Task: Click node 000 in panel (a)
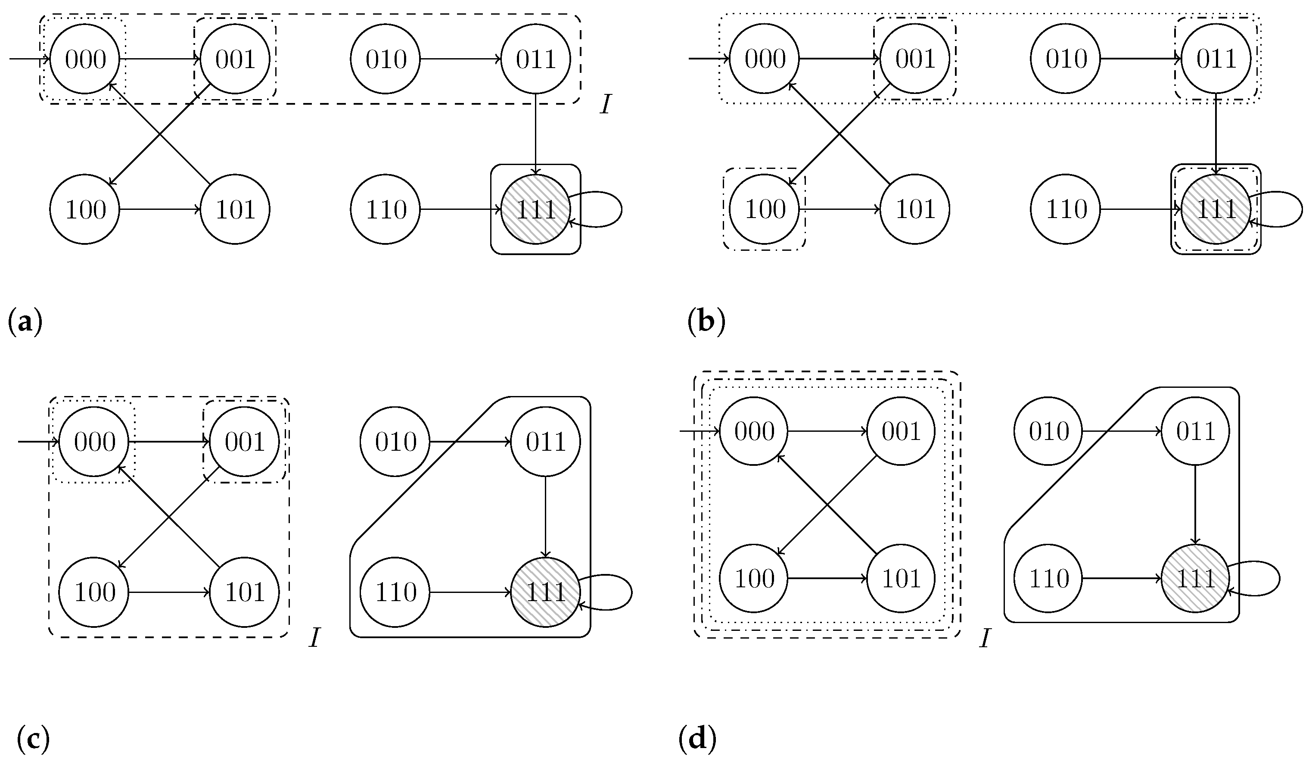coord(85,59)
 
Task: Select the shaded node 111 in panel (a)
coord(535,209)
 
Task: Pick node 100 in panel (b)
coord(764,209)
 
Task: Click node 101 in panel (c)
coord(244,592)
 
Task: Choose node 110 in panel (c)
coord(395,592)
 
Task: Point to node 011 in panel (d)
coord(1195,431)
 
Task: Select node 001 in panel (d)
coord(901,431)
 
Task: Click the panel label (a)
coord(25,323)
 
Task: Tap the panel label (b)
coord(706,323)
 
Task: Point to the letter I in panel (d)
coord(984,638)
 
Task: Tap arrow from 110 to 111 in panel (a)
coord(460,209)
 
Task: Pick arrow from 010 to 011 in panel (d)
coord(1122,431)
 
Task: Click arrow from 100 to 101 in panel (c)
coord(169,592)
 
